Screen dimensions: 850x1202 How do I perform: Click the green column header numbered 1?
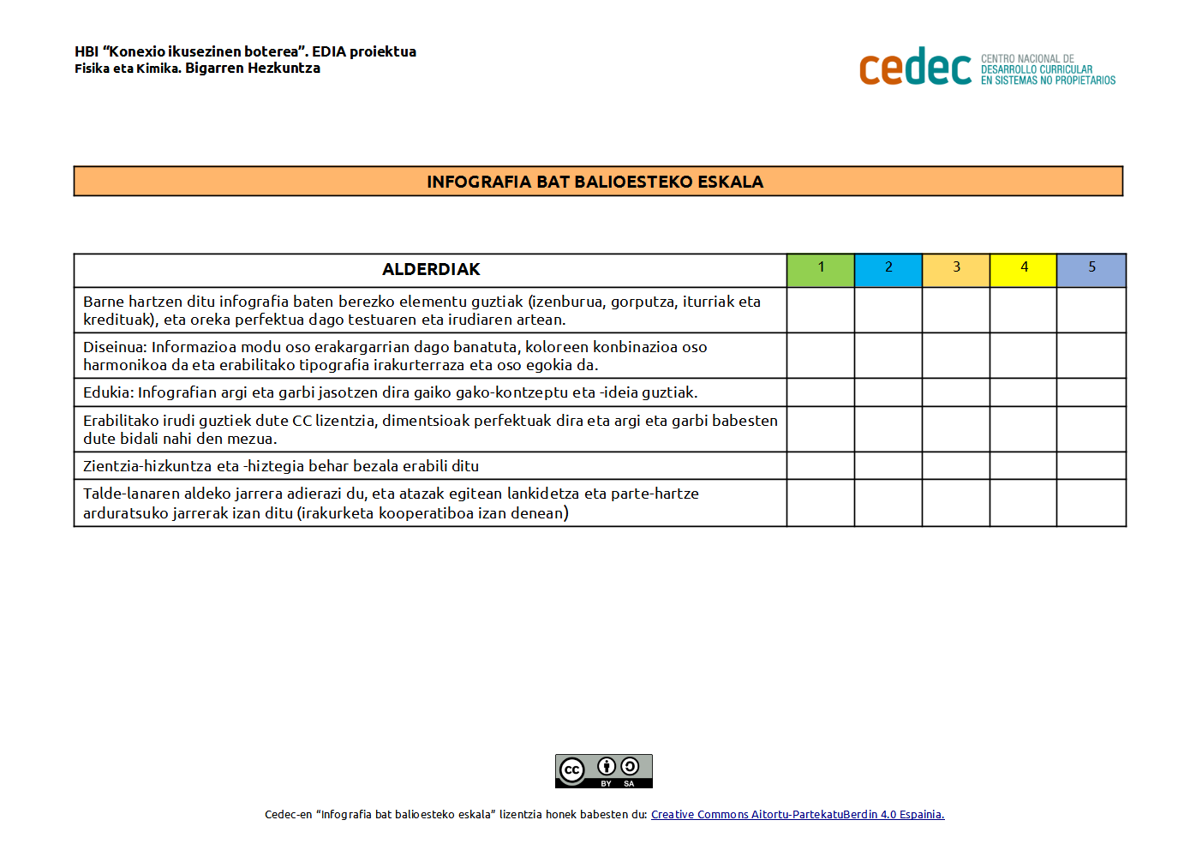point(820,270)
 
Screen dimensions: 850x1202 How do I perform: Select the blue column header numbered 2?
point(888,270)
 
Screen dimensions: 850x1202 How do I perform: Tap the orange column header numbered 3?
point(956,270)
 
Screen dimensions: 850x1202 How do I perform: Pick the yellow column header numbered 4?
point(1023,270)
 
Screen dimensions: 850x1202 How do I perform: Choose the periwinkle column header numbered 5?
point(1091,270)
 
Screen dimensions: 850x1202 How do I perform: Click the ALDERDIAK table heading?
point(431,270)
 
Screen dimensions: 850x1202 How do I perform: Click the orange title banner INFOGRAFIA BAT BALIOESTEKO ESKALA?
point(597,182)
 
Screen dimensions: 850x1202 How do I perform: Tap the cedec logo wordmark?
point(914,68)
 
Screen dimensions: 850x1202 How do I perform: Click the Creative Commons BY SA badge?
point(603,771)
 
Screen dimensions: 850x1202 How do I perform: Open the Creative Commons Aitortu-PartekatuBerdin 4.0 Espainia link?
point(797,815)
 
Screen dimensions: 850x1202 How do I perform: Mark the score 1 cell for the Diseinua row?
point(820,356)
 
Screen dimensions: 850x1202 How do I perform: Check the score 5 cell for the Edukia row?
point(1091,392)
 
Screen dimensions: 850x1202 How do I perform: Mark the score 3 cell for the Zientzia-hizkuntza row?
point(956,465)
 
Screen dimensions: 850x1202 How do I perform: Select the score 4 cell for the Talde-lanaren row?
point(1023,503)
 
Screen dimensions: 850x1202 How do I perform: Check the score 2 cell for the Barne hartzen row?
point(888,310)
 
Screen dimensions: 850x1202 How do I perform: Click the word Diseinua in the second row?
point(114,347)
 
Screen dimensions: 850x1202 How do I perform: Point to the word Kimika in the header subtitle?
point(158,69)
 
